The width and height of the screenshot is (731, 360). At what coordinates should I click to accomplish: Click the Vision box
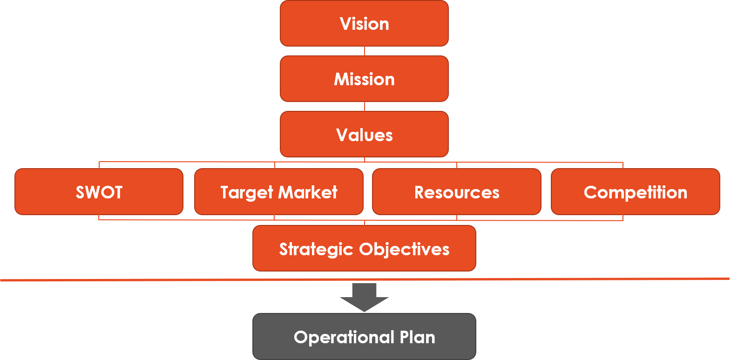364,23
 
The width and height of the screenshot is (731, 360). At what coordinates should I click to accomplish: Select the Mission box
364,79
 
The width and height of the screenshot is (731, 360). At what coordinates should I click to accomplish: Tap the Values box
364,134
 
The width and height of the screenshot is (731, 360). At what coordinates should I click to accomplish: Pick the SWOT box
99,191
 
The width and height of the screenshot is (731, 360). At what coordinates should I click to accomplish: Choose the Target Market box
279,191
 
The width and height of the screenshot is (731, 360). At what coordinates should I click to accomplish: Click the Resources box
457,191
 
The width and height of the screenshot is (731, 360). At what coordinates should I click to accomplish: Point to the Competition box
636,191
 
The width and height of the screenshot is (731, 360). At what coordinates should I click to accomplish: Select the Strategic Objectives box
364,248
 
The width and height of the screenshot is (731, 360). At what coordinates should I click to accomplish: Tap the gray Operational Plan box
364,337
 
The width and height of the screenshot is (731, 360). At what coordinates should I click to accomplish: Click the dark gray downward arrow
364,298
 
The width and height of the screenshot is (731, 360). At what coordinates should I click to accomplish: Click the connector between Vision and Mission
365,51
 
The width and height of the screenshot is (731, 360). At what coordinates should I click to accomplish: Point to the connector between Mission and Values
365,106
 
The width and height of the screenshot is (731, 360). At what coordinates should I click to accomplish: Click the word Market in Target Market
308,192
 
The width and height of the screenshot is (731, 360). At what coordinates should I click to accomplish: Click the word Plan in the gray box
417,337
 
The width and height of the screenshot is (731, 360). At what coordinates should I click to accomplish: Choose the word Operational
344,338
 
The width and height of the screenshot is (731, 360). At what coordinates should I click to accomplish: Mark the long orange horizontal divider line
365,279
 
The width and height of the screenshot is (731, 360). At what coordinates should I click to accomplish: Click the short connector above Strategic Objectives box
365,223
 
